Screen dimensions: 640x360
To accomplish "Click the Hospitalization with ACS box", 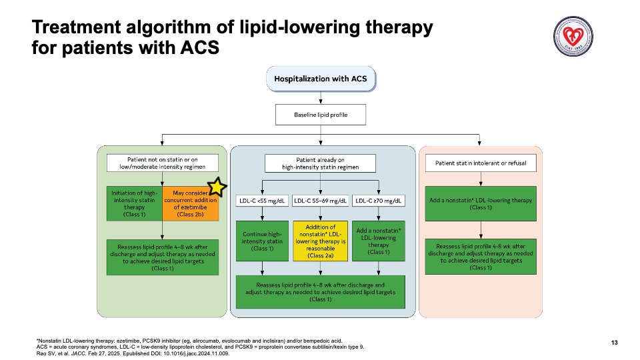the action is click(x=321, y=79).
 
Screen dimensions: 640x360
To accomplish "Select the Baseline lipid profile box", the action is click(x=321, y=115).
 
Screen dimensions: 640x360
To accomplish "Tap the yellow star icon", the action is click(x=217, y=187).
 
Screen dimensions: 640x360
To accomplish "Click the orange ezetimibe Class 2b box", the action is click(x=191, y=204).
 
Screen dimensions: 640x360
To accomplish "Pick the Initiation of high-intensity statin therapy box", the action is click(x=135, y=204).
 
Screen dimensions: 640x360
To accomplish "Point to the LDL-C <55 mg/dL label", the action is click(x=262, y=201).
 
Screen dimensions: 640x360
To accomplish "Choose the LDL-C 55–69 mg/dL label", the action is click(x=321, y=201).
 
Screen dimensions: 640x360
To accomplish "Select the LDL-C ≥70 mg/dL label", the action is click(x=379, y=201).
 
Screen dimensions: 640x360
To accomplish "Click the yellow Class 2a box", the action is click(x=321, y=241).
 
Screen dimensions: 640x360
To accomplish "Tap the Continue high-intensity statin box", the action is click(x=262, y=241).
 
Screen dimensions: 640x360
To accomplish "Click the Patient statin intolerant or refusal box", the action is click(x=481, y=163).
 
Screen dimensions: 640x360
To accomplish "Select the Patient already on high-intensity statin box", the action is click(x=321, y=163).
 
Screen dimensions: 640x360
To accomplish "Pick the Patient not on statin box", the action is click(x=163, y=163).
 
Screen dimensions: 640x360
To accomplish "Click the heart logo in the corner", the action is click(x=573, y=36).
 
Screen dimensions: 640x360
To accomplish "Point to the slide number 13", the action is click(x=614, y=343).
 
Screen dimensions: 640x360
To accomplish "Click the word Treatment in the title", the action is click(x=75, y=27).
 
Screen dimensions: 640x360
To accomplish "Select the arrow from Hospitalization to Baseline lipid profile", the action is click(x=321, y=98).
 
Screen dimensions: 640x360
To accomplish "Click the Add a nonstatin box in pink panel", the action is click(x=481, y=204).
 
